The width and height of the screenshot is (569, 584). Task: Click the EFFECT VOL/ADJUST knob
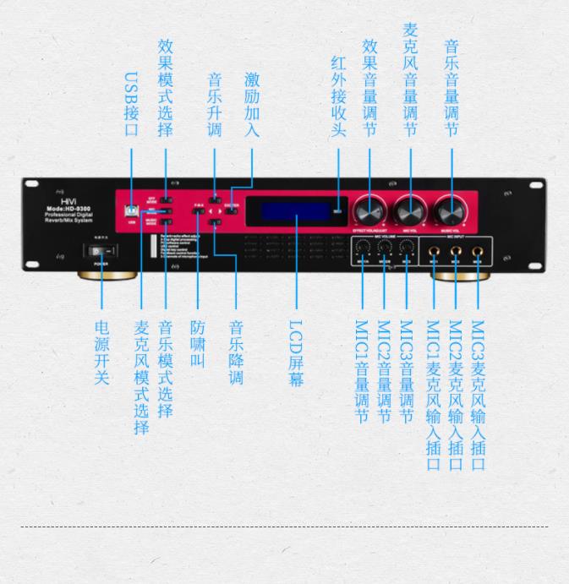point(369,209)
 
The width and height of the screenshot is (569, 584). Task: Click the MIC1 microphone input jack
point(434,251)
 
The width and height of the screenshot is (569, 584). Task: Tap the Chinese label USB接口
point(131,105)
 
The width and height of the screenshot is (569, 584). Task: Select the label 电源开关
point(101,352)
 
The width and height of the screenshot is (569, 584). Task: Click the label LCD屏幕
point(295,352)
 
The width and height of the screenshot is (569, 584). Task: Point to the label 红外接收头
point(338,98)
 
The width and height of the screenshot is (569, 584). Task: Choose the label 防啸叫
point(197,343)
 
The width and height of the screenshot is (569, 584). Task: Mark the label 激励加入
point(251,105)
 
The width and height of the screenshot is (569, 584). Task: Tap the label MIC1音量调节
point(362,371)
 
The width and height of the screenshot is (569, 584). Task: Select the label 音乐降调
point(236,352)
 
